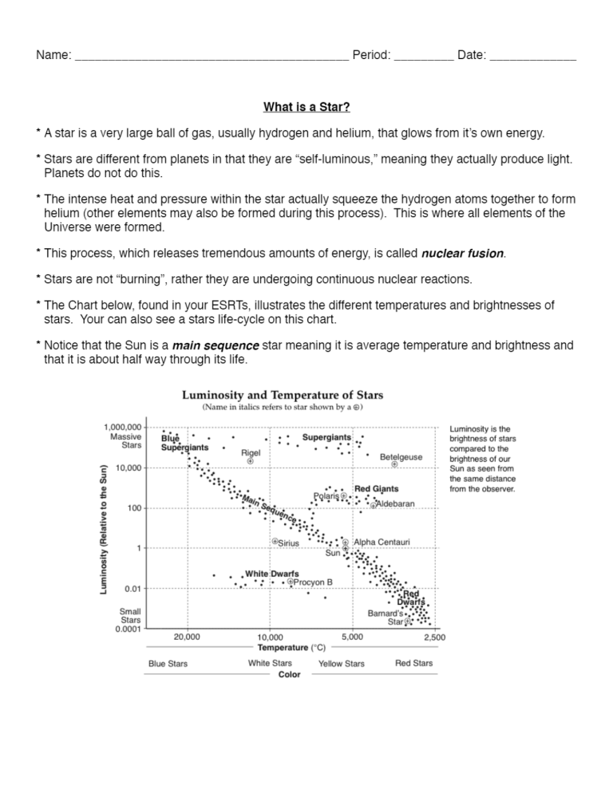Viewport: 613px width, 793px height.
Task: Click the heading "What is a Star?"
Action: point(306,107)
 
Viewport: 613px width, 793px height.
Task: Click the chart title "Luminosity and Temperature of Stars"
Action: point(283,395)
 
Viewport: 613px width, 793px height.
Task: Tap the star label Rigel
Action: point(251,452)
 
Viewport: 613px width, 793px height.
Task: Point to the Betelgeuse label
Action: point(401,457)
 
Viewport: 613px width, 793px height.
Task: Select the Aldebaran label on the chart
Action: point(395,503)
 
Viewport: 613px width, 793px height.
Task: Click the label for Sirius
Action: point(288,542)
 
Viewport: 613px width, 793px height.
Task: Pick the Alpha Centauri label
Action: point(382,542)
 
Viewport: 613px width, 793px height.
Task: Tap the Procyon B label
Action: point(313,582)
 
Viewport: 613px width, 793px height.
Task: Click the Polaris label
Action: point(326,495)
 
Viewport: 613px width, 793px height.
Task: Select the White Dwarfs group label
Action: point(272,573)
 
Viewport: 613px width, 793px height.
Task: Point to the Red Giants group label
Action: point(376,488)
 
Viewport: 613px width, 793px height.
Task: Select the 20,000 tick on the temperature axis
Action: point(187,637)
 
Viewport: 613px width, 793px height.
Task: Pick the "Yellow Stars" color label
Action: point(342,664)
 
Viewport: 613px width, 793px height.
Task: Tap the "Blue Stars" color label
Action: point(168,664)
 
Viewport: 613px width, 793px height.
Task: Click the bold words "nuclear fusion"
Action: point(462,254)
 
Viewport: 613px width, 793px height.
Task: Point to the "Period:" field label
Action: point(371,55)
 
